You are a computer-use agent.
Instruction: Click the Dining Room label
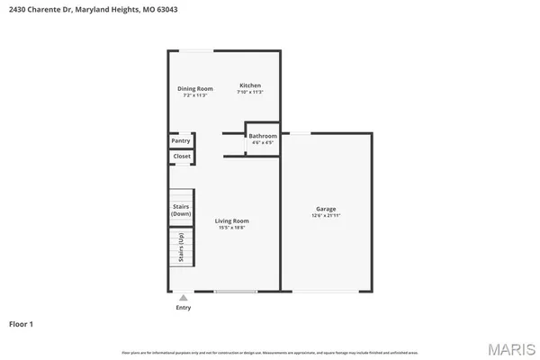[194, 88]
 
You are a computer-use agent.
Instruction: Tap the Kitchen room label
[249, 85]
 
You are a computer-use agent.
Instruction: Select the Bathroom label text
[263, 136]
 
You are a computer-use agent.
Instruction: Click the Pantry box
[181, 141]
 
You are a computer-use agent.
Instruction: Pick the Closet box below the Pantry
[181, 157]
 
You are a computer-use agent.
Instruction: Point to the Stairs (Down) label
[181, 210]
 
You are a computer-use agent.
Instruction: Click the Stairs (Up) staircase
[181, 247]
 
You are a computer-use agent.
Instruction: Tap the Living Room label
[231, 220]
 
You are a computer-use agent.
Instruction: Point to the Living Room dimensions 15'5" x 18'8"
[231, 228]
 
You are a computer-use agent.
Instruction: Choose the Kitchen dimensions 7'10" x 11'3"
[249, 93]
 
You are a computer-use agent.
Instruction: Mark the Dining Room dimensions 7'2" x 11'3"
[194, 95]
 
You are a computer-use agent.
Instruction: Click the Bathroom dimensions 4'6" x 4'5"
[263, 143]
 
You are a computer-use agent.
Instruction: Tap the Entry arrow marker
[184, 297]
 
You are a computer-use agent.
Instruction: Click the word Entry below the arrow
[184, 307]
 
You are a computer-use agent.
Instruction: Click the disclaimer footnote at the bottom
[270, 350]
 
